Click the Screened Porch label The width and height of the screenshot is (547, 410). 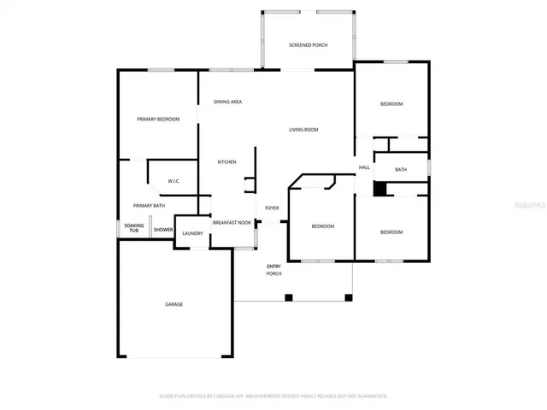click(x=308, y=44)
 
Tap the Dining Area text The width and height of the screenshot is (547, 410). click(x=227, y=102)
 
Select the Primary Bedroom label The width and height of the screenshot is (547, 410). click(x=158, y=119)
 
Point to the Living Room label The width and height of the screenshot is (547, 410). click(x=303, y=129)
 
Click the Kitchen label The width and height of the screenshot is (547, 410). click(x=226, y=161)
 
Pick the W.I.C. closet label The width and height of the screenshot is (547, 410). click(x=174, y=181)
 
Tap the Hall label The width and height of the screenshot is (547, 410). click(x=364, y=167)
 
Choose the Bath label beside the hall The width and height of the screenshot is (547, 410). click(x=401, y=169)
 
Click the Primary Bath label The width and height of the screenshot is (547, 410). click(x=149, y=205)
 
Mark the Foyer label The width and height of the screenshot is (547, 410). click(x=272, y=208)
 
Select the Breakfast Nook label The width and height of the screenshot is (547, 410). click(x=232, y=221)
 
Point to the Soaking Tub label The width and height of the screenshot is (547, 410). click(x=133, y=228)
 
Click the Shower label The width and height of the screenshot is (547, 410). click(x=162, y=230)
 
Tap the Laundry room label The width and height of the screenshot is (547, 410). click(x=192, y=233)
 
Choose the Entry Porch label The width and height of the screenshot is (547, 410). click(x=273, y=270)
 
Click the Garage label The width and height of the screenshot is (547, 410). click(x=174, y=304)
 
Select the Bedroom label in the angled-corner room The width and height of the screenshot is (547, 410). click(x=322, y=225)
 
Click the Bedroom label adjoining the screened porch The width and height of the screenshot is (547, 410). click(x=391, y=103)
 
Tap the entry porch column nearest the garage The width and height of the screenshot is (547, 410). click(x=289, y=297)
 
